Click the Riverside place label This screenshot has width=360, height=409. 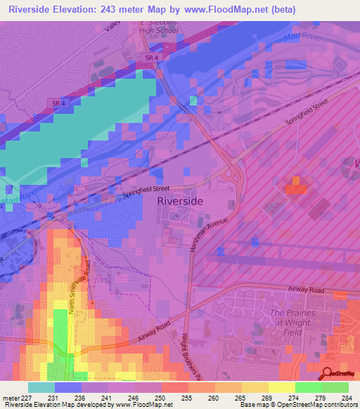[x=180, y=201]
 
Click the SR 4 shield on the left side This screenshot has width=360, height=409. [x=59, y=103]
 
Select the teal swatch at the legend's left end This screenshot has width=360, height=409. [x=41, y=387]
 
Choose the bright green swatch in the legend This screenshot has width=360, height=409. [x=309, y=387]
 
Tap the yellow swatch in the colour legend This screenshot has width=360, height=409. [x=255, y=387]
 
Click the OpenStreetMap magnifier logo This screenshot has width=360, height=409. [x=327, y=373]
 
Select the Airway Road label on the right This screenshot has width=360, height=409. [x=305, y=289]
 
